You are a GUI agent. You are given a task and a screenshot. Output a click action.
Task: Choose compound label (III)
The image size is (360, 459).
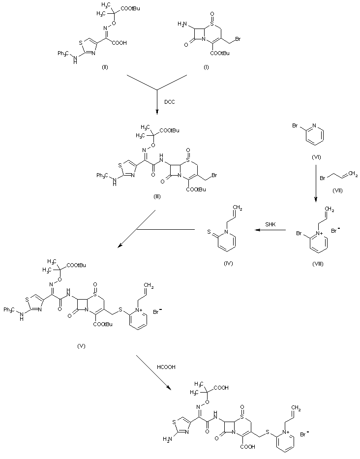tap(158, 196)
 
